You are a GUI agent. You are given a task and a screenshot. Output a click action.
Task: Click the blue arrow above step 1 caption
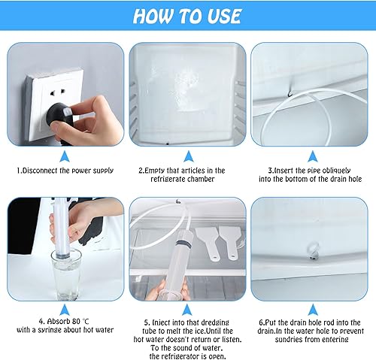point(65,156)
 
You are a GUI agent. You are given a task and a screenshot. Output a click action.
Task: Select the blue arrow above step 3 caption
point(313,156)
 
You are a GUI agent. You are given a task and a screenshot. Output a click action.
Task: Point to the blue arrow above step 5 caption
point(187,310)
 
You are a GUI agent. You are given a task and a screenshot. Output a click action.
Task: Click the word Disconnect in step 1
point(40,171)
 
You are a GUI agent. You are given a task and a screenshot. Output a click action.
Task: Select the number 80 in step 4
point(76,321)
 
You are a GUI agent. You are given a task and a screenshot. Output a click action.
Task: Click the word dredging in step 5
point(215,322)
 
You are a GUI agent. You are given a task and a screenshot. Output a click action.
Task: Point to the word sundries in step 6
point(289,340)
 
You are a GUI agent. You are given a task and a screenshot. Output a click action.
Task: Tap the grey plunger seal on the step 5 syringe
point(183,244)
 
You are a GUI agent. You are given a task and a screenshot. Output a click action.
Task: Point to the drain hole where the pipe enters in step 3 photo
point(290,95)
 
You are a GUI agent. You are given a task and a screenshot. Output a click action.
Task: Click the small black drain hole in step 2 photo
point(168,144)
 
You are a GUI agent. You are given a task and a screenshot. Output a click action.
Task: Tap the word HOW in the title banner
point(153,16)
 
